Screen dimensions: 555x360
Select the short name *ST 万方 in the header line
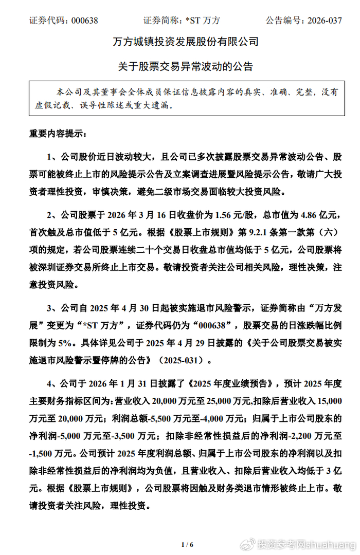[x=203, y=21]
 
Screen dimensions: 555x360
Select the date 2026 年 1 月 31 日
[x=125, y=382]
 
